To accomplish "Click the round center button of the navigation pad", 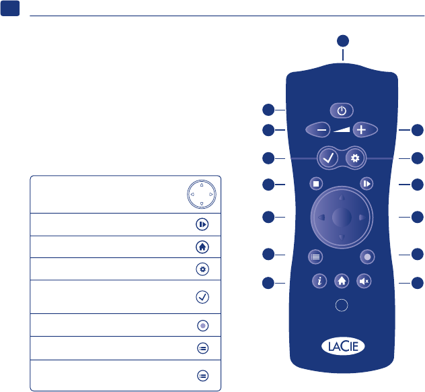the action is pos(342,217).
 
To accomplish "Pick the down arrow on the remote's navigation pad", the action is pos(342,238).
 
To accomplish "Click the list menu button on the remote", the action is pos(315,256).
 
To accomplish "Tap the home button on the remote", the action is pos(342,281).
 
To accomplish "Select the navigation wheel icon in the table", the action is pos(201,195).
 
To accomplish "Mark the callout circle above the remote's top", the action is pos(342,39).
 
